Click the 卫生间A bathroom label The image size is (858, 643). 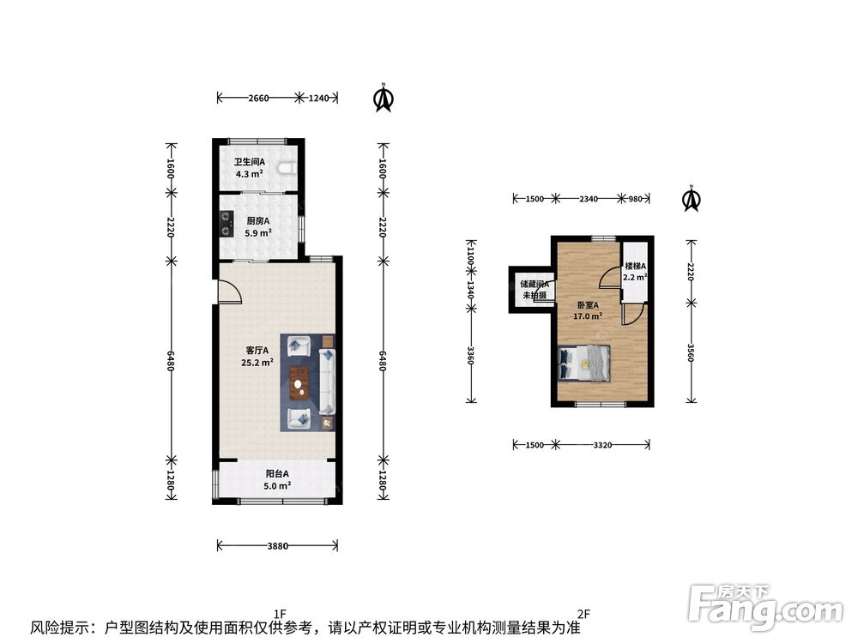250,162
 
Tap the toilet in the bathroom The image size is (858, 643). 287,168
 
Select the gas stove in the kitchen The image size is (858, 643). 226,224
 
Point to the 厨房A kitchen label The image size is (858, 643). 257,221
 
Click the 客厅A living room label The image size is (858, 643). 257,350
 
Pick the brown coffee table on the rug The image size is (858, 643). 299,382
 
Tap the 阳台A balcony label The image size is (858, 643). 277,474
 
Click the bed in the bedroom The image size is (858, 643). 583,363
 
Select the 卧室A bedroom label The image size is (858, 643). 588,305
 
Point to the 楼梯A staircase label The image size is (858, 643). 635,267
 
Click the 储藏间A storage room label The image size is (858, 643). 535,285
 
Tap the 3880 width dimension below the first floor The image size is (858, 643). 277,545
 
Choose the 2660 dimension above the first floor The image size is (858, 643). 258,99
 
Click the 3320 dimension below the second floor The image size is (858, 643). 602,445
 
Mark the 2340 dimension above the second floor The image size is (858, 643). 589,199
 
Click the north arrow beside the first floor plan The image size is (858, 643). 384,98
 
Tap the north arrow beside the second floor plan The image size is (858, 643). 692,199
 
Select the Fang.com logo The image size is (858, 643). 765,606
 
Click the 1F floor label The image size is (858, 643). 281,614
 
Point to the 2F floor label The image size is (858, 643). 583,614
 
